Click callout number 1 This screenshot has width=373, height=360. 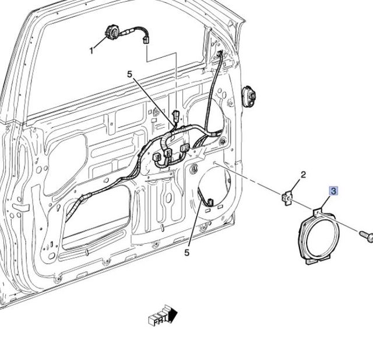[x=92, y=51]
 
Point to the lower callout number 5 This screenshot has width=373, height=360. [x=187, y=253]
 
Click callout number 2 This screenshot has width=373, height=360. [x=303, y=174]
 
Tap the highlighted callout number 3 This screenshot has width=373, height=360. [x=333, y=191]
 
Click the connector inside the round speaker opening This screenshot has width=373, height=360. [x=209, y=202]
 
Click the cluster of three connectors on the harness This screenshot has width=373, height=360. [x=169, y=153]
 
